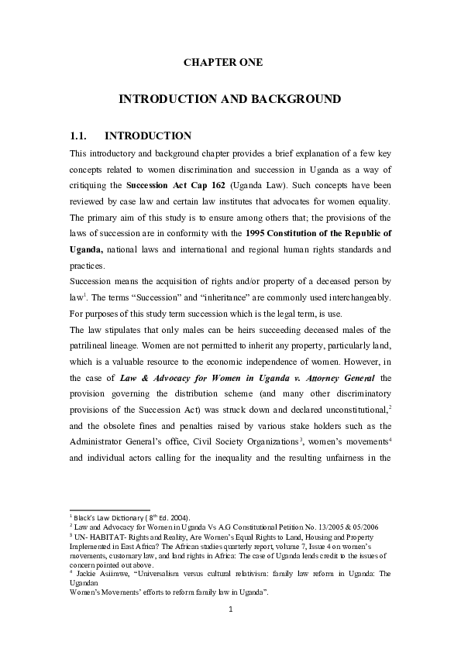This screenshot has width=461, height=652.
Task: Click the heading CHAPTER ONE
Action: click(223, 62)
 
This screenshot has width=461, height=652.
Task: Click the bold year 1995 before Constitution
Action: click(259, 233)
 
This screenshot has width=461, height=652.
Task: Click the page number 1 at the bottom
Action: click(230, 609)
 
